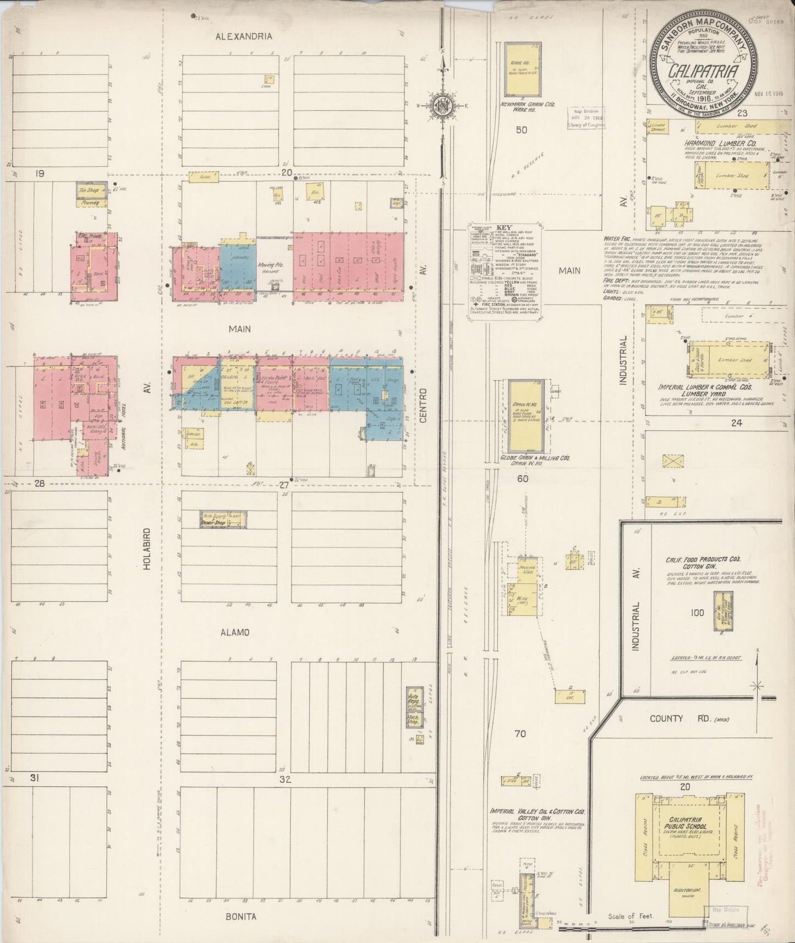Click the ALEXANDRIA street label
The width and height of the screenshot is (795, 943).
click(244, 36)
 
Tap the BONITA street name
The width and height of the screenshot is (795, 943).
click(241, 917)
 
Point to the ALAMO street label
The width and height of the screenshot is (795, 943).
click(235, 632)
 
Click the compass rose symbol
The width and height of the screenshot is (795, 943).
click(442, 105)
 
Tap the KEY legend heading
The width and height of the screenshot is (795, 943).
click(503, 227)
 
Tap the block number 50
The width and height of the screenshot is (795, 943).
click(522, 130)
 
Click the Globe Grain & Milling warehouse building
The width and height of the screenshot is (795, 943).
click(522, 416)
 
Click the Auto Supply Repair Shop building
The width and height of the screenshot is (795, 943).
click(223, 519)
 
